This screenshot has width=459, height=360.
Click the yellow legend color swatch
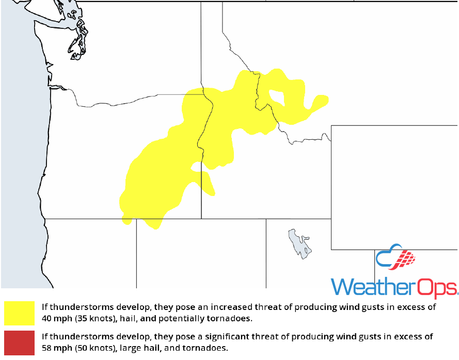coord(19,313)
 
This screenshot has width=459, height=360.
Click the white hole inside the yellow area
coord(277,96)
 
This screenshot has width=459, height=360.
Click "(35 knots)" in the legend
coord(97,318)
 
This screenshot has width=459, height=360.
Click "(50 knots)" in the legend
coord(97,348)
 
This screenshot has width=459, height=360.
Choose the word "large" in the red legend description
coord(133,348)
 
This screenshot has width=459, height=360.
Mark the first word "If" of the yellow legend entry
coord(44,307)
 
